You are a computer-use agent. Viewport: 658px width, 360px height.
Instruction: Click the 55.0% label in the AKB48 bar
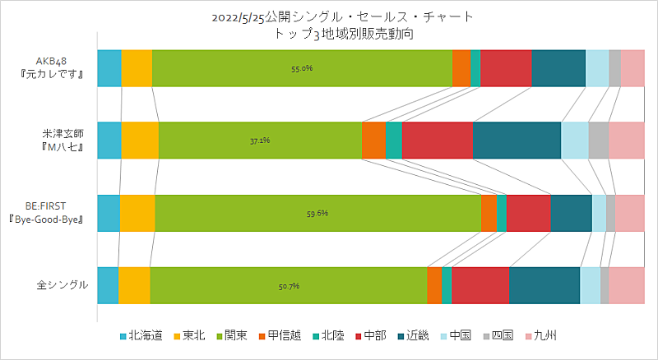302,68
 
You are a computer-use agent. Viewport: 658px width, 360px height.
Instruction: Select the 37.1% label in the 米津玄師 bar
260,141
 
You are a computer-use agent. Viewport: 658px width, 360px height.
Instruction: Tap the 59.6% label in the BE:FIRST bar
317,213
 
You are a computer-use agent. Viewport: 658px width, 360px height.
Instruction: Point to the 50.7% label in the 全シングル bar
289,285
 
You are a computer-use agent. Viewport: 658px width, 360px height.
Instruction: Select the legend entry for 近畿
425,335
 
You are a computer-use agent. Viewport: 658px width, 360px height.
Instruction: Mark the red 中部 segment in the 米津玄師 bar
438,141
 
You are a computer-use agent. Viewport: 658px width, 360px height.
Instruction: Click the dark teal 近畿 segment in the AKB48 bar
558,68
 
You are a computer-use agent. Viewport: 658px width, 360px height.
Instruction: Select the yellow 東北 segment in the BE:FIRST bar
137,213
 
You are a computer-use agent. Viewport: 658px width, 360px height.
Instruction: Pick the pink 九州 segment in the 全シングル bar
626,285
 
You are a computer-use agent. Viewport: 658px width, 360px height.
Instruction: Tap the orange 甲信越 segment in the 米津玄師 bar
373,141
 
